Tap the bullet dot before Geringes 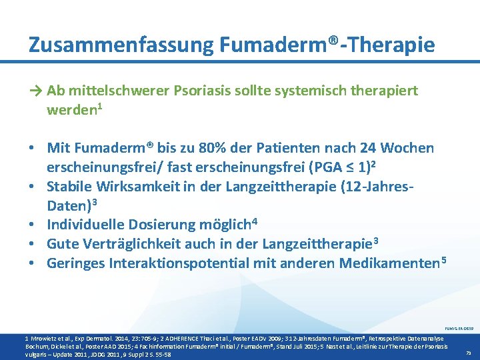(32, 263)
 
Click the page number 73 (467, 353)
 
